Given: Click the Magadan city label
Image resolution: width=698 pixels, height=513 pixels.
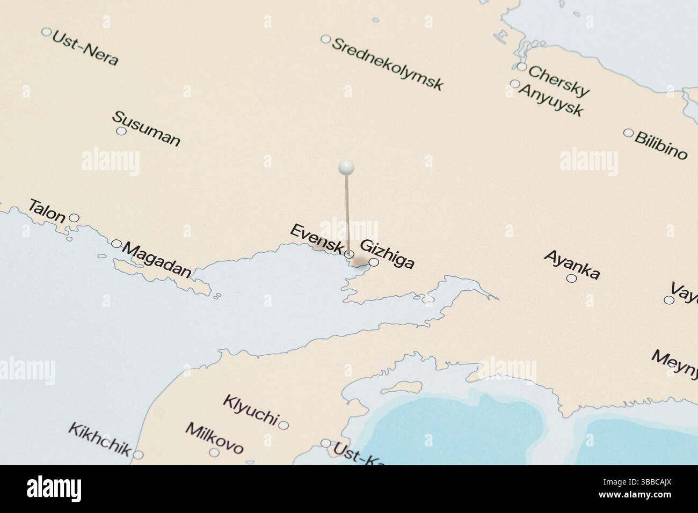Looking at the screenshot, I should tap(157, 260).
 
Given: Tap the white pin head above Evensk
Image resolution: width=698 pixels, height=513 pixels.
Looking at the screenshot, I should tap(346, 167).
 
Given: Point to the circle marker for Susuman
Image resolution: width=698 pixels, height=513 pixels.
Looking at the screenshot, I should tap(121, 131).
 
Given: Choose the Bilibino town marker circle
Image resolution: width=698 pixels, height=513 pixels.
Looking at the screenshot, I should tap(628, 133).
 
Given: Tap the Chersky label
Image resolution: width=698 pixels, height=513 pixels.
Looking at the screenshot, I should tap(559, 81).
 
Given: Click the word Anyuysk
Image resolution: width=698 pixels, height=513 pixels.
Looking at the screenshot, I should tap(551, 100).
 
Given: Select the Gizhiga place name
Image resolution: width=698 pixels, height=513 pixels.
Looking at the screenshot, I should tap(387, 254).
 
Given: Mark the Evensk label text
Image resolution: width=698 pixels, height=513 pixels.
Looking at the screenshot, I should tap(316, 239).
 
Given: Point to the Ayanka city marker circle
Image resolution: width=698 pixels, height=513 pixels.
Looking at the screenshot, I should tap(571, 278).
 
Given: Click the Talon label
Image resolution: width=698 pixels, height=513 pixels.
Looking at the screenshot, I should tap(47, 210).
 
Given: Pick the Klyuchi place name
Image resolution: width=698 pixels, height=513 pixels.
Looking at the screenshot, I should tap(251, 409).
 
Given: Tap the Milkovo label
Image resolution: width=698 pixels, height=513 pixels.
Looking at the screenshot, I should tap(214, 438).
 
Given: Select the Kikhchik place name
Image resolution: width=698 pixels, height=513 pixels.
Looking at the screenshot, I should tap(99, 439).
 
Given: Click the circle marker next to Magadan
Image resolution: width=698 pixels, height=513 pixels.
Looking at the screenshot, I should tap(116, 244).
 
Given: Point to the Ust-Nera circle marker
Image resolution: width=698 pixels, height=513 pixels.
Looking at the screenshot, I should tap(46, 32).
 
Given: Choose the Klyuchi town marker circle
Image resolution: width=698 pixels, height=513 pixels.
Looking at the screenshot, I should tap(283, 426).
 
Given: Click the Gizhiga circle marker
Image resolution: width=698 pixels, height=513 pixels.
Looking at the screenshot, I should tap(374, 262).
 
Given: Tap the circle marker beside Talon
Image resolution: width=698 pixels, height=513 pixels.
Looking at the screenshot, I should tap(75, 217).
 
